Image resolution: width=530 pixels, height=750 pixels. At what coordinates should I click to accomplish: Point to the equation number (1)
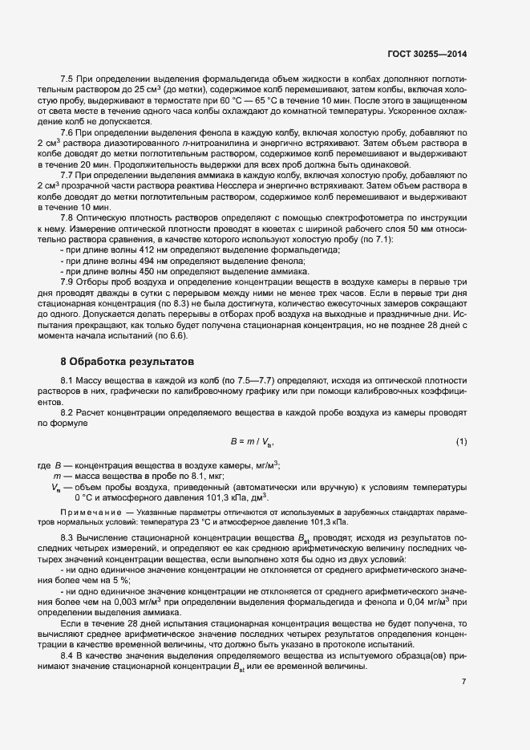[461, 442]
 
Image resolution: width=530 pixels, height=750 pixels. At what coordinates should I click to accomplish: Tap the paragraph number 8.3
[68, 537]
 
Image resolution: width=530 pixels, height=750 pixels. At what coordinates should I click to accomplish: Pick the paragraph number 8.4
[68, 655]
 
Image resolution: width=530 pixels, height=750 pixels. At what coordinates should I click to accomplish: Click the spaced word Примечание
[87, 511]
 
